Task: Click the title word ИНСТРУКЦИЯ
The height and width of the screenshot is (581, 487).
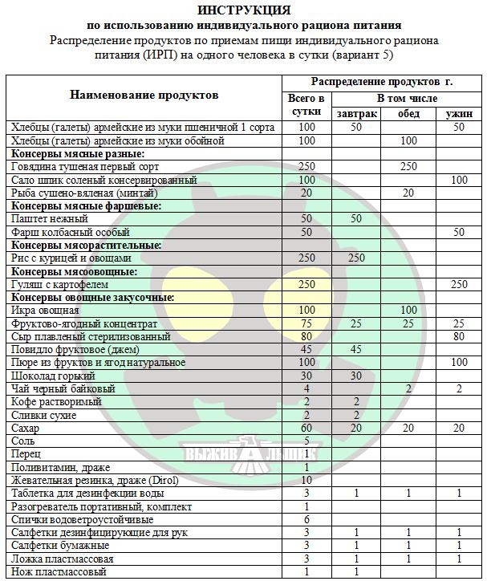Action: pyautogui.click(x=244, y=10)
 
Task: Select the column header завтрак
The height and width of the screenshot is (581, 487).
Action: pyautogui.click(x=357, y=114)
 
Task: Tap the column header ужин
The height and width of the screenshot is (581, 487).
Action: pyautogui.click(x=458, y=114)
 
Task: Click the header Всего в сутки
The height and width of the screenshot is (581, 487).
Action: pyautogui.click(x=306, y=105)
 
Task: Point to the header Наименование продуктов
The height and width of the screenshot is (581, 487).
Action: pyautogui.click(x=144, y=95)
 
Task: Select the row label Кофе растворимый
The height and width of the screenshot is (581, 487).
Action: pyautogui.click(x=56, y=402)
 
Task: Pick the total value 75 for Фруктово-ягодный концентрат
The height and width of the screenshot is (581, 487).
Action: pyautogui.click(x=306, y=323)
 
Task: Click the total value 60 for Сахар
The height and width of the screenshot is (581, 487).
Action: pyautogui.click(x=306, y=429)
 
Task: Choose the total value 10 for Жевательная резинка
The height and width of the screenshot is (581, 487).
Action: pyautogui.click(x=306, y=481)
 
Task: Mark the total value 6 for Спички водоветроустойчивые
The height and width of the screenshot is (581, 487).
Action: pyautogui.click(x=306, y=520)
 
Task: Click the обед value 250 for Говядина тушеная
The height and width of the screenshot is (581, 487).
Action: pyautogui.click(x=408, y=166)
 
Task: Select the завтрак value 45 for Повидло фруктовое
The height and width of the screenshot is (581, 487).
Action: pyautogui.click(x=357, y=350)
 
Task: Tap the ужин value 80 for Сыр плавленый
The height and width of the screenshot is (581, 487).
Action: pyautogui.click(x=458, y=336)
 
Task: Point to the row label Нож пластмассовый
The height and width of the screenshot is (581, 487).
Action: pyautogui.click(x=59, y=572)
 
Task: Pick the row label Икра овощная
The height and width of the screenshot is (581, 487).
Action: pyautogui.click(x=45, y=311)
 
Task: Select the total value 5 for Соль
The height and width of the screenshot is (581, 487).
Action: pyautogui.click(x=306, y=441)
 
